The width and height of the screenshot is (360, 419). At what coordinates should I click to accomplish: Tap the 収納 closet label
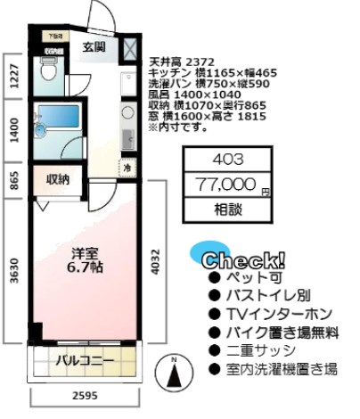pyautogui.click(x=59, y=179)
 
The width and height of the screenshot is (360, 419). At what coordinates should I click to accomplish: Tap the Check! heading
pyautogui.click(x=243, y=261)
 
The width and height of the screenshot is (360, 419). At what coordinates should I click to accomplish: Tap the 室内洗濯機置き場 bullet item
pyautogui.click(x=280, y=368)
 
